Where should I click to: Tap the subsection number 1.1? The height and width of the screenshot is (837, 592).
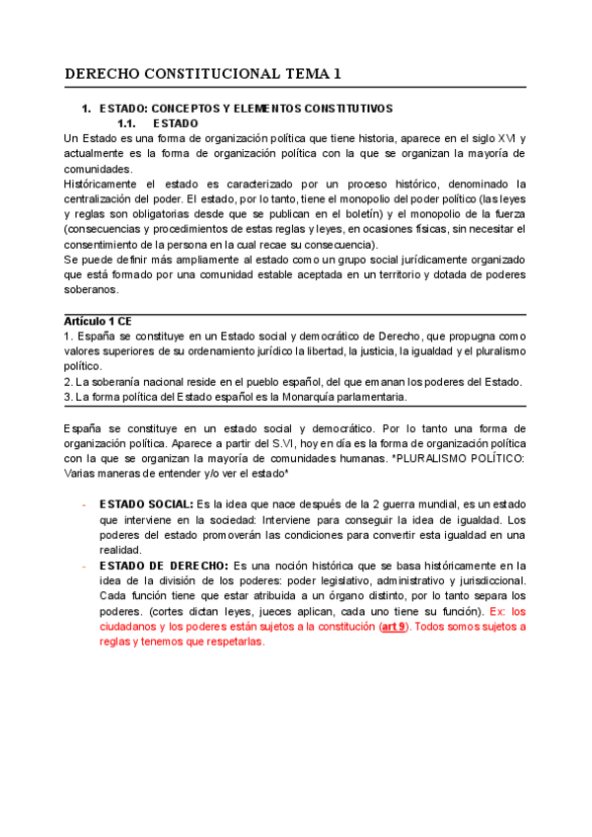pyautogui.click(x=131, y=123)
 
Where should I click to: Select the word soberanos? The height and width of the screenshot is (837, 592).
pyautogui.click(x=89, y=290)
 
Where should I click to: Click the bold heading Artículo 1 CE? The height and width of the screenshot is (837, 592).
pyautogui.click(x=98, y=322)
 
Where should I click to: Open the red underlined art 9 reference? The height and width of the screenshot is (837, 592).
pyautogui.click(x=394, y=627)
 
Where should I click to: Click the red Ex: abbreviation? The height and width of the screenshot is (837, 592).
pyautogui.click(x=488, y=611)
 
